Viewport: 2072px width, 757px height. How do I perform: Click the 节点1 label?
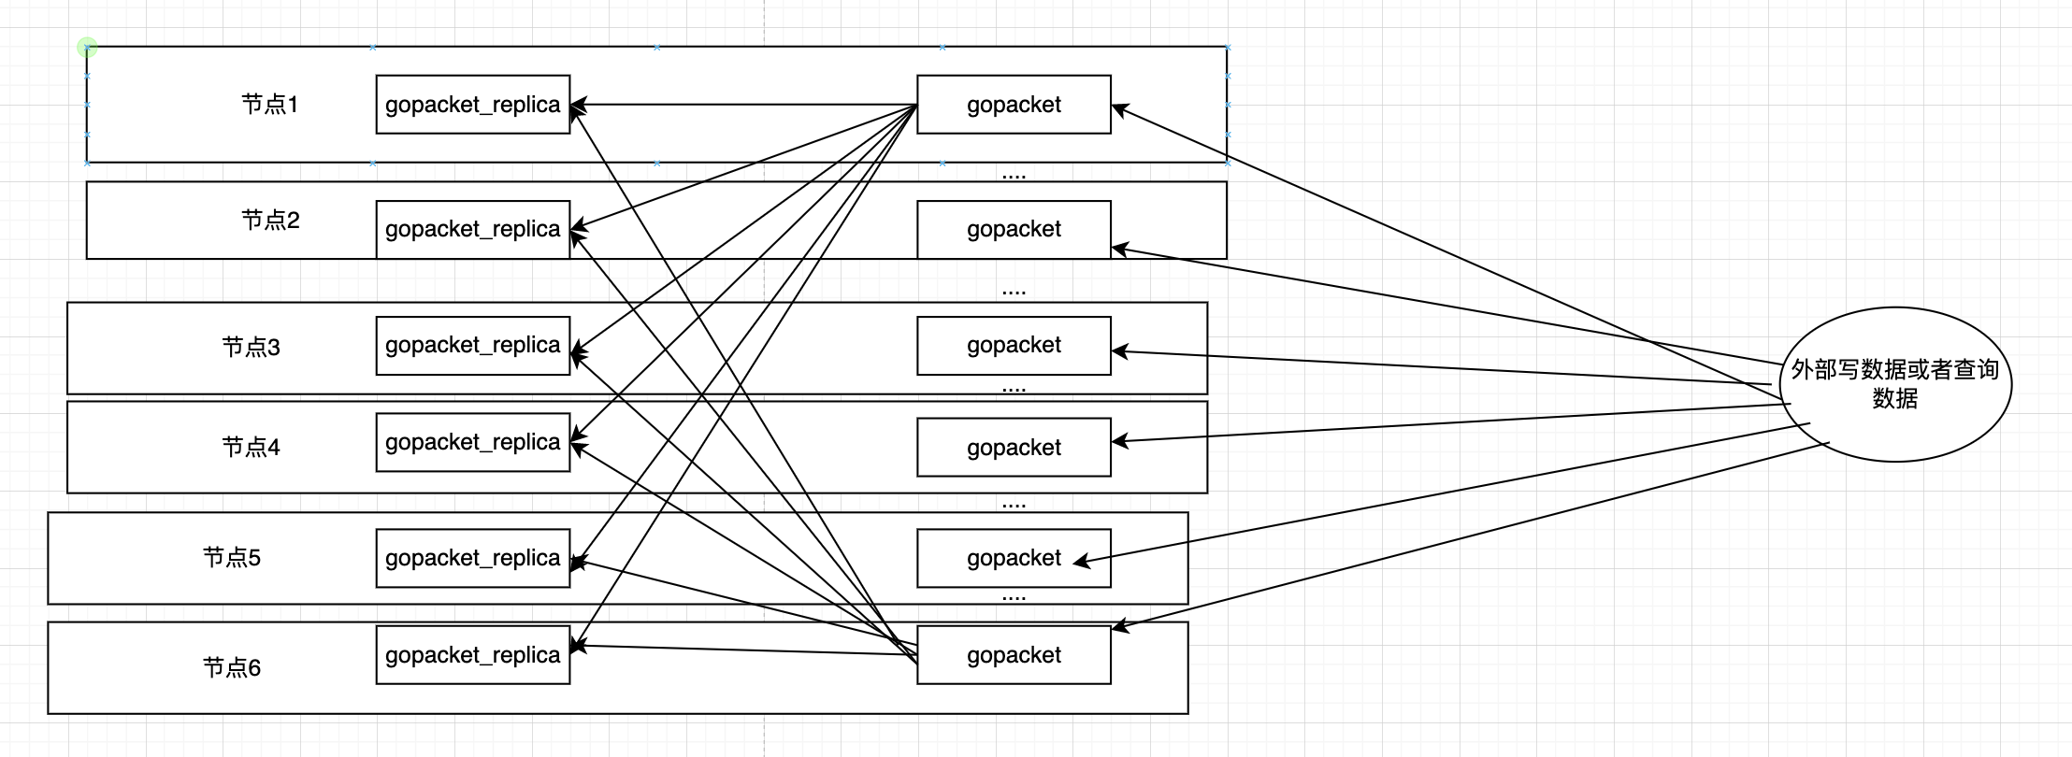(269, 104)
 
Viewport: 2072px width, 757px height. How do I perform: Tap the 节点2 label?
(270, 220)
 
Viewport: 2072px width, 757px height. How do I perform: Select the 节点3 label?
(251, 347)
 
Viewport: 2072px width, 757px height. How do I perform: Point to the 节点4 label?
(251, 447)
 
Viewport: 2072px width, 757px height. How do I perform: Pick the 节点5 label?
(232, 557)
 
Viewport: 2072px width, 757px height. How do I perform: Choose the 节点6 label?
(232, 667)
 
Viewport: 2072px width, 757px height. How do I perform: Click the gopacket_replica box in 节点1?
(473, 105)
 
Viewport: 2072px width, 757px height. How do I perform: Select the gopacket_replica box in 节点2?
(473, 229)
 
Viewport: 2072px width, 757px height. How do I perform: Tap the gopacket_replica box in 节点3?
(473, 346)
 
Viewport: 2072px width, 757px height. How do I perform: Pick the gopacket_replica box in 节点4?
(473, 442)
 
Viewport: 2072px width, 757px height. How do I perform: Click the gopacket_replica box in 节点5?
(473, 558)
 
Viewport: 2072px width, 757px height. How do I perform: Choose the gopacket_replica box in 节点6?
(473, 655)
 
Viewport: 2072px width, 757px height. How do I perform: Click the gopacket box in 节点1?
(1014, 105)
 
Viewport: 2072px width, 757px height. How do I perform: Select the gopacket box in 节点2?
(1014, 229)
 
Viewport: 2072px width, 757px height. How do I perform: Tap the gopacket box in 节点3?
(1014, 346)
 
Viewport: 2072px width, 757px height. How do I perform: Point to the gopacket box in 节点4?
(1014, 447)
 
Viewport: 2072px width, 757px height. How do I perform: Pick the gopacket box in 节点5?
(1014, 558)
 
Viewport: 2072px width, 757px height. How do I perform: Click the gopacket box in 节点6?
(1014, 655)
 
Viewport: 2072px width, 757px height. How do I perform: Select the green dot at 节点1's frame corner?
(87, 47)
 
